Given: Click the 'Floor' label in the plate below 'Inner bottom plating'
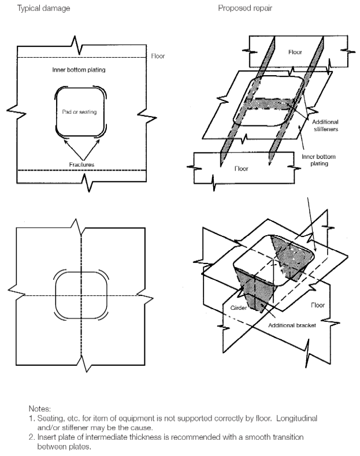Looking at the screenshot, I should [x=242, y=170].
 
